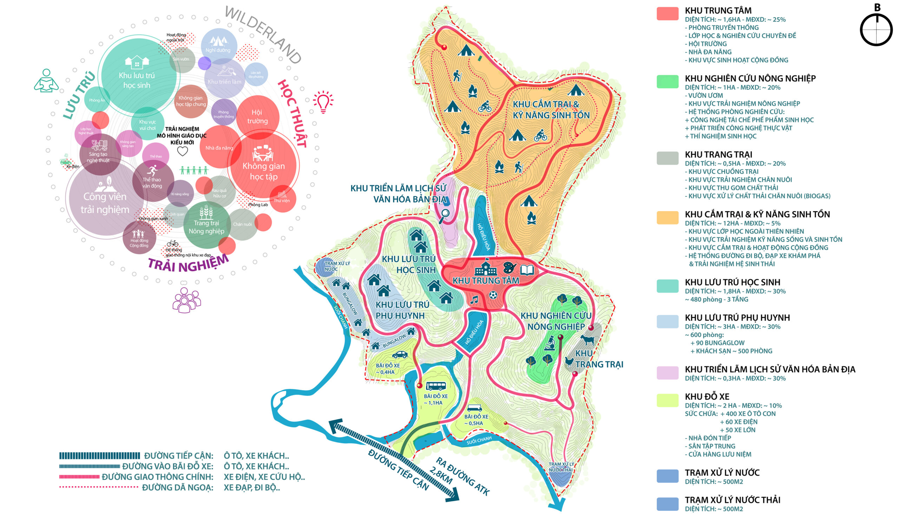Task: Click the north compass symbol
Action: click(876, 29)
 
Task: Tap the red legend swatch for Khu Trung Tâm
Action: click(667, 13)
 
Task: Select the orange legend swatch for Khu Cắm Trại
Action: click(667, 217)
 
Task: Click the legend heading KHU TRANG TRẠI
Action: click(718, 154)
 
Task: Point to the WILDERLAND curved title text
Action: click(263, 34)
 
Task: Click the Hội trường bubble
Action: click(257, 117)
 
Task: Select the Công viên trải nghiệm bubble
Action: click(105, 202)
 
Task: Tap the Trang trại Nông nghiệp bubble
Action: click(206, 225)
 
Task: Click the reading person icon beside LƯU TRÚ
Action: click(46, 81)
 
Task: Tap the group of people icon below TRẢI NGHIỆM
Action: click(186, 301)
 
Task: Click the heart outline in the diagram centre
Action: click(182, 151)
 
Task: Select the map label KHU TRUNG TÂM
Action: click(486, 281)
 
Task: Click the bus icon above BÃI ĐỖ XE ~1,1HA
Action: click(436, 386)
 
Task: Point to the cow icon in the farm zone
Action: click(587, 340)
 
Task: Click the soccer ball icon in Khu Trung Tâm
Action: click(493, 295)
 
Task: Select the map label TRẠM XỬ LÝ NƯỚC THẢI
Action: click(561, 467)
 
